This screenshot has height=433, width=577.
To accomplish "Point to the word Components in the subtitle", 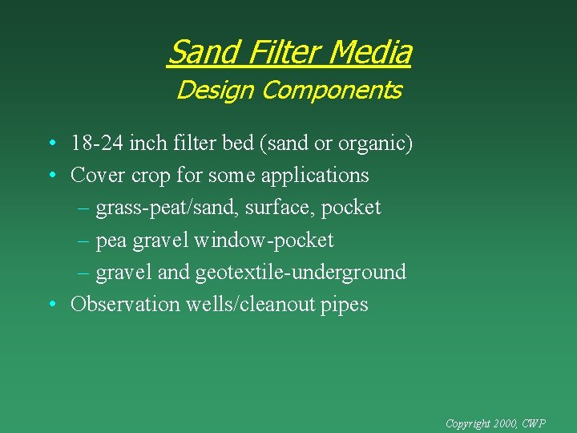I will [331, 91].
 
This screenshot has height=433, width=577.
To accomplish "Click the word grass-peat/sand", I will [167, 208].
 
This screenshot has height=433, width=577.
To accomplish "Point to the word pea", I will [111, 241].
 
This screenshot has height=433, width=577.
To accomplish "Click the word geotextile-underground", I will [301, 273].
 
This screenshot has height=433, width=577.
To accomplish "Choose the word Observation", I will [125, 305].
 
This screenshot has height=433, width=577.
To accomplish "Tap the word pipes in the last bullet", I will [345, 306].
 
